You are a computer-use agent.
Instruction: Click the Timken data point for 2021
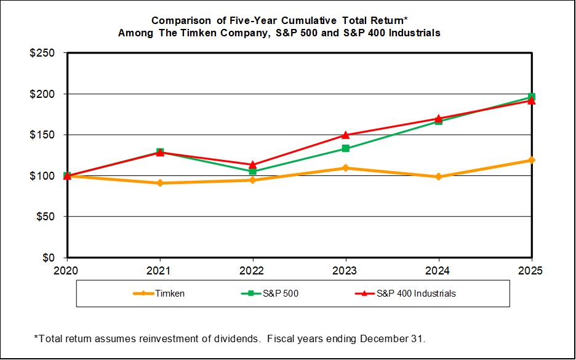click(160, 183)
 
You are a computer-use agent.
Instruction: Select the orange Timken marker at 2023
click(345, 168)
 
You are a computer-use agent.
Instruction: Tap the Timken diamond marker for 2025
click(531, 160)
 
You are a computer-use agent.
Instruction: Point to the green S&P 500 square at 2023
click(345, 148)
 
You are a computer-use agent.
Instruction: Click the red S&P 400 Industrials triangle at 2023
click(345, 135)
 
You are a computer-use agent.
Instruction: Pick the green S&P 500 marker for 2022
click(252, 171)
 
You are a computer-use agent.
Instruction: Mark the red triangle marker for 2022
click(252, 164)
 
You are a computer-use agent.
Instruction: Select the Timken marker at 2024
click(438, 177)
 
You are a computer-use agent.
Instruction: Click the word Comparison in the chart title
click(178, 20)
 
